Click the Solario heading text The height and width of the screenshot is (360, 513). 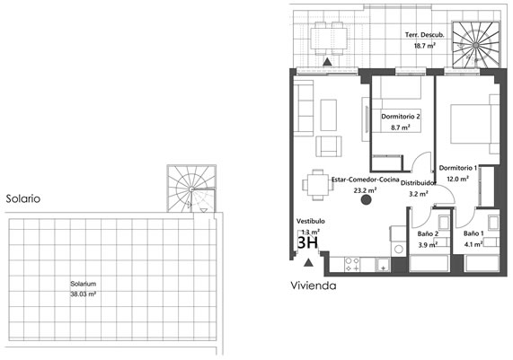coord(23,198)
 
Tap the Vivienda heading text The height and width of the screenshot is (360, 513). coord(314,285)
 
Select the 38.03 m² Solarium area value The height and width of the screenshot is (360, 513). coord(83,294)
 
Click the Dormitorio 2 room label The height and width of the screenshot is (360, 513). coord(401,117)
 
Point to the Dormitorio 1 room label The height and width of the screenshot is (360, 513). coord(458,168)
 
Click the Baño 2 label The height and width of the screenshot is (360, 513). coord(428,233)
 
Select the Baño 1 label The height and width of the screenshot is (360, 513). coord(473,233)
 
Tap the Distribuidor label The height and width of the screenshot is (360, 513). coord(419,183)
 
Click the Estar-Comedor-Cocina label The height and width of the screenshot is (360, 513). coord(366,180)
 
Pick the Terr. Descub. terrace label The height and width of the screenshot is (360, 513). coord(425,35)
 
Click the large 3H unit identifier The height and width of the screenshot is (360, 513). coord(307,242)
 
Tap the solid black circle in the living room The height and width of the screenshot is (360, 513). coord(366,200)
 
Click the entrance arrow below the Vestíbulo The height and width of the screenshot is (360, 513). coord(308,262)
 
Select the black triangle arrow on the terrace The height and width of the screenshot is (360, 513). coord(327,62)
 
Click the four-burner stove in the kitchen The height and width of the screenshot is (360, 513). coord(352,265)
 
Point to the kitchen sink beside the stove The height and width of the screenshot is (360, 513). coord(383,265)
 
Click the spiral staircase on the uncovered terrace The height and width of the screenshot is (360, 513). coord(476,45)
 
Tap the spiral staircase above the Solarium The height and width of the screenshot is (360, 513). coord(191,189)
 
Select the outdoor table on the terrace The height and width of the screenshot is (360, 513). coord(329,39)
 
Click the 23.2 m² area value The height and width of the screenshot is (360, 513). coord(365,190)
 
